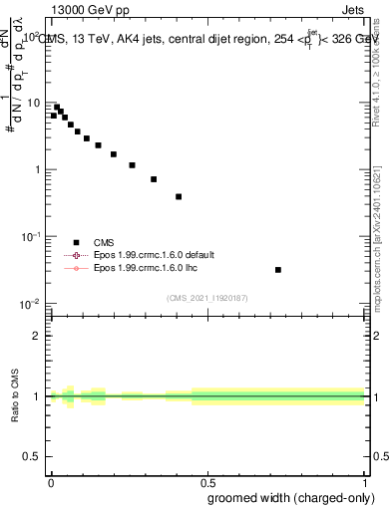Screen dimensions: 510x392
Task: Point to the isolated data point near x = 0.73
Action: (x=277, y=270)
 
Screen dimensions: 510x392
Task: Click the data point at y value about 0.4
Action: (x=179, y=196)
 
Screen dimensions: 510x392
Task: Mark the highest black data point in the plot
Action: (x=57, y=107)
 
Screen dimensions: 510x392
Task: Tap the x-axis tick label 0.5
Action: (x=207, y=480)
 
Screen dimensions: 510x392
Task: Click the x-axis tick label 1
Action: (x=365, y=480)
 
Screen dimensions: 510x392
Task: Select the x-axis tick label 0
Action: (x=51, y=480)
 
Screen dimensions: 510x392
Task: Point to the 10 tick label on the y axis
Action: (x=33, y=103)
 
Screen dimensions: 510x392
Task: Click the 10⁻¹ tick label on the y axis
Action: (x=31, y=236)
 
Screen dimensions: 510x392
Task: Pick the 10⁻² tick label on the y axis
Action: (x=31, y=303)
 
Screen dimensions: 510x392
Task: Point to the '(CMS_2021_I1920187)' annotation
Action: (x=206, y=298)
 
